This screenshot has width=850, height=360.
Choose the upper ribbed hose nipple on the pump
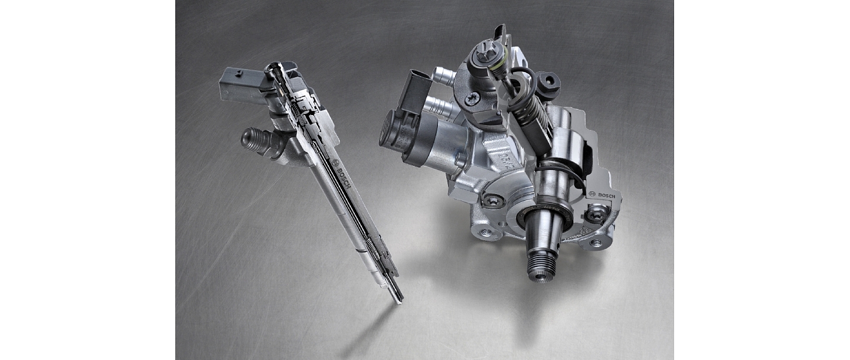point(444,75)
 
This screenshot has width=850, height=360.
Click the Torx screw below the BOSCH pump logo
point(594,214)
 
